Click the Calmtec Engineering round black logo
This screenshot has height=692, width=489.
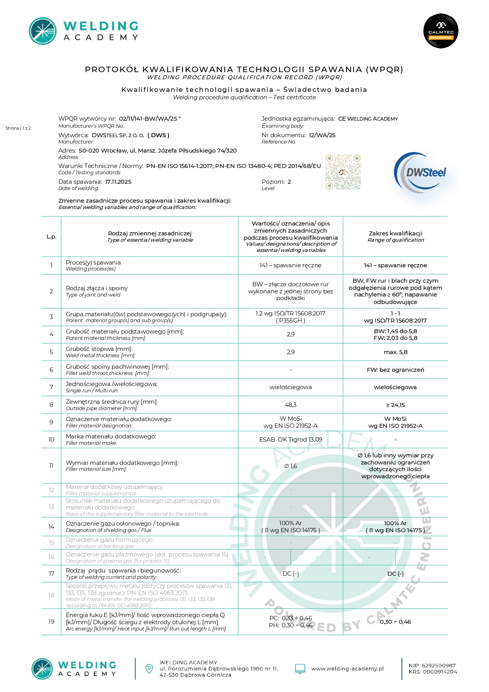pos(441,31)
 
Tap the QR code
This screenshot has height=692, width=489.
pos(343,172)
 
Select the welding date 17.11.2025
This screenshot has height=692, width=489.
pos(118,182)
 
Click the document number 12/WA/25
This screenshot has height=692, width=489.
pos(322,135)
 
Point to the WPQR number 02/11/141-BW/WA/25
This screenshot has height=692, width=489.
pos(148,118)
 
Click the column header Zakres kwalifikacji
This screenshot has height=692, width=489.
pos(395,233)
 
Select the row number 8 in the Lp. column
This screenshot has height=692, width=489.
pos(51,405)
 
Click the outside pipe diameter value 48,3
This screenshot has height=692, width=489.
pos(290,405)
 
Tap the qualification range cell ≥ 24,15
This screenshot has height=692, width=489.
pos(395,405)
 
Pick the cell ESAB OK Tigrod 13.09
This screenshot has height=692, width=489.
pos(290,440)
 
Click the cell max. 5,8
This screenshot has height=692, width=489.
pos(395,352)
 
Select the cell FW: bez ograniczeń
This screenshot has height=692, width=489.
pos(395,370)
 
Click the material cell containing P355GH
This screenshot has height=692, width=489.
pos(290,321)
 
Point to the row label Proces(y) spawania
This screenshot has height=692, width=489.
pos(93,263)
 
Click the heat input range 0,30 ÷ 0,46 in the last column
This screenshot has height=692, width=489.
pos(395,622)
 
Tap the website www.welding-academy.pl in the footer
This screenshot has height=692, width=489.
pos(347,669)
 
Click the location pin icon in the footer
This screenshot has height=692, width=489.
pos(149,668)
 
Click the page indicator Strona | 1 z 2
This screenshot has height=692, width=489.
pos(18,128)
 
